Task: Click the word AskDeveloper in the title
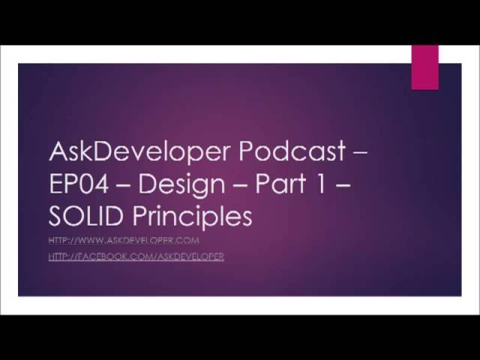click(x=139, y=152)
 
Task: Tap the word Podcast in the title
click(x=292, y=151)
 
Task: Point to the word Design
click(x=181, y=184)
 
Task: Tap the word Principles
click(x=192, y=217)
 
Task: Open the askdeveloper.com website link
click(x=124, y=240)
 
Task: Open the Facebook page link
click(x=136, y=256)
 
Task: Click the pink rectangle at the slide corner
click(x=424, y=67)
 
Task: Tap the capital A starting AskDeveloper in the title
click(x=58, y=151)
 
